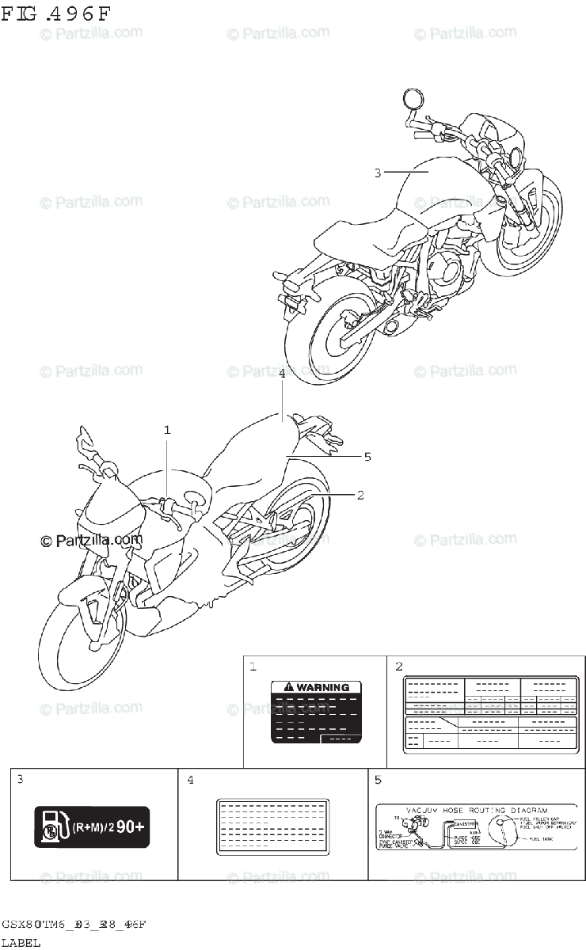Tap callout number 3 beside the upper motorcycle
click(378, 173)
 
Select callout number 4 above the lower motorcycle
click(282, 374)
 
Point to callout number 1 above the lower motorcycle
click(167, 430)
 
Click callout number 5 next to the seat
click(367, 456)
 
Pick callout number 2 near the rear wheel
click(360, 496)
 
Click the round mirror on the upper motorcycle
click(412, 97)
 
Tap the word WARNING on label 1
click(322, 688)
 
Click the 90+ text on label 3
click(131, 827)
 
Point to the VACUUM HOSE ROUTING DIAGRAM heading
click(477, 811)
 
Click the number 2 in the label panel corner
click(399, 667)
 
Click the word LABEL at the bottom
click(21, 942)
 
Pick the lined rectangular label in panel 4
click(272, 826)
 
